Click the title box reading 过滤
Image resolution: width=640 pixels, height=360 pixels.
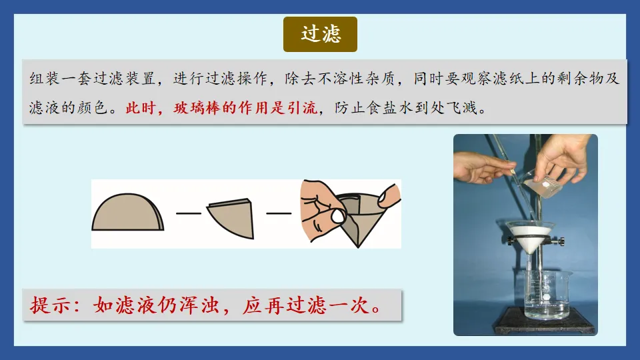pos(320,35)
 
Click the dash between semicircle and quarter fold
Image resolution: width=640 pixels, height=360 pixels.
pos(189,213)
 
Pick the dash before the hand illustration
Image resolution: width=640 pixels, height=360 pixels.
pos(279,213)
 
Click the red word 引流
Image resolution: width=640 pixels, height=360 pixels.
pos(304,107)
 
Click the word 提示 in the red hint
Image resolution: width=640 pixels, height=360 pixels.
pos(47,306)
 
